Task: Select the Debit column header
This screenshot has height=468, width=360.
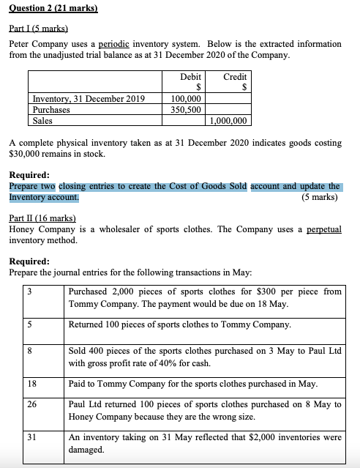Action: [190, 77]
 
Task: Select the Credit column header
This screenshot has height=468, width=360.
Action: [235, 77]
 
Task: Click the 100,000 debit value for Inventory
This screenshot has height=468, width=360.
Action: [188, 99]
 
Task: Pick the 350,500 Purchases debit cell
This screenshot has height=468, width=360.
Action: [188, 110]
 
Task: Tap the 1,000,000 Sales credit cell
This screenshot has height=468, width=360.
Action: [228, 121]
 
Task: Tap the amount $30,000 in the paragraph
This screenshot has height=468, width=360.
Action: [26, 155]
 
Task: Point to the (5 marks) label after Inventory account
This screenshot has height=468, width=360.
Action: [320, 197]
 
